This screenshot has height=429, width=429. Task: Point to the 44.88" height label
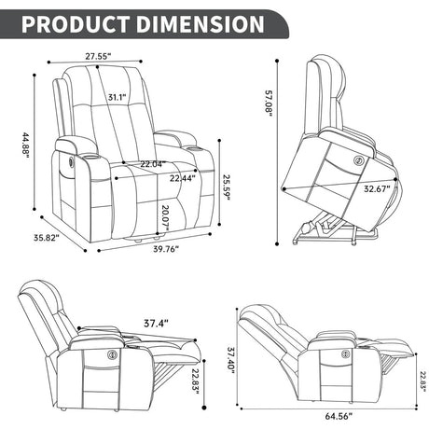27,146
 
